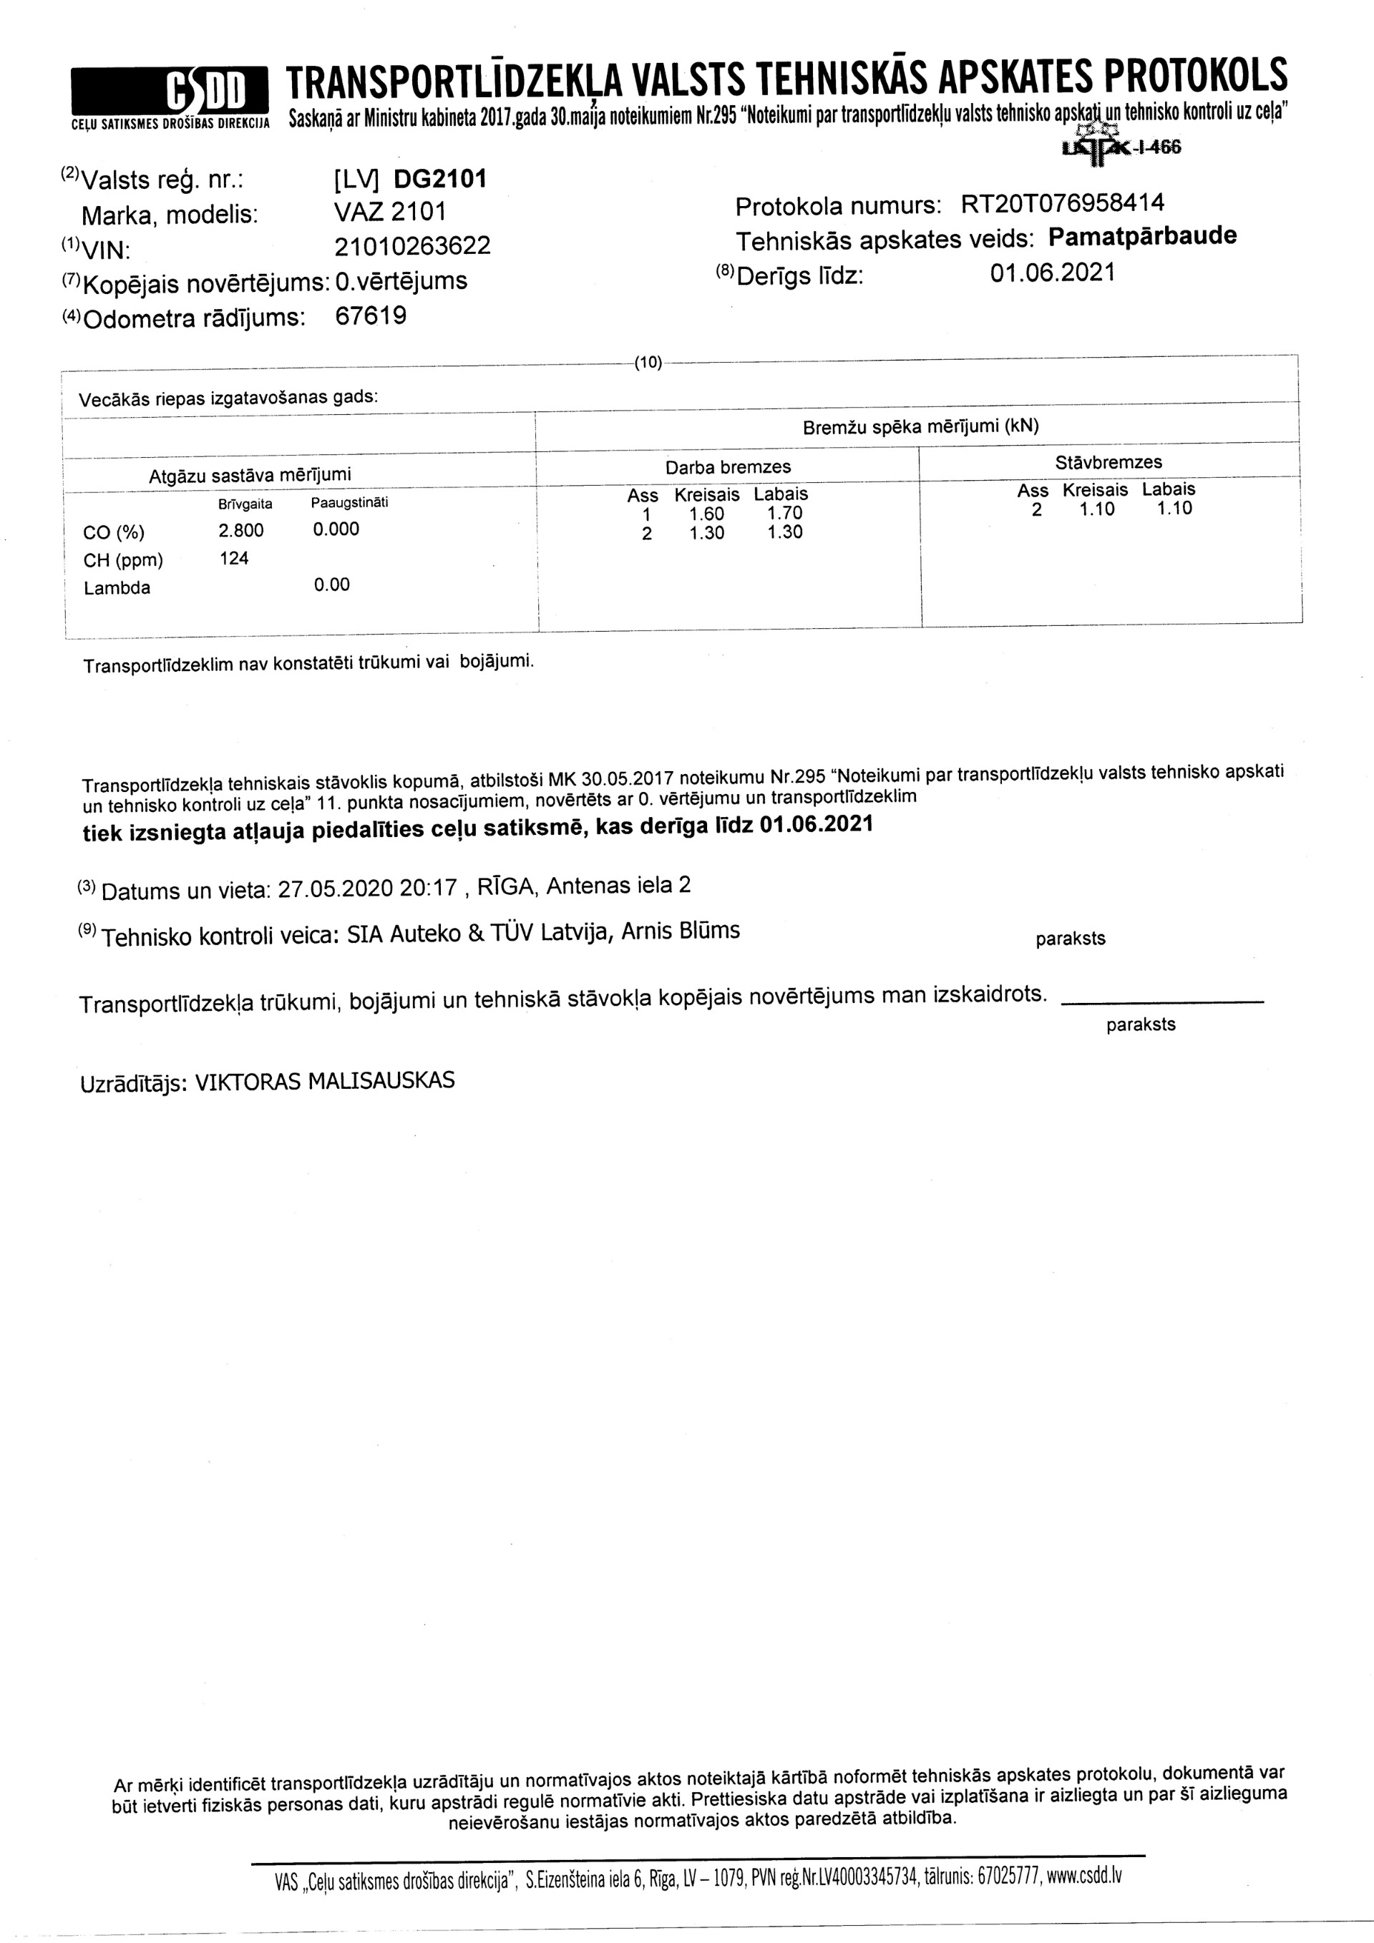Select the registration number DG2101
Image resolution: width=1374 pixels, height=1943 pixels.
point(440,180)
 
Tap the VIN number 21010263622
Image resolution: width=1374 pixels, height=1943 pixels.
point(412,245)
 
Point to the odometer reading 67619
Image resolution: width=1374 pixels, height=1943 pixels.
point(371,315)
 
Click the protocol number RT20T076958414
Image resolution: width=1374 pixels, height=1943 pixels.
point(1063,204)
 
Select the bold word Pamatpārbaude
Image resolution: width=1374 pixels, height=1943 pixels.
point(1142,236)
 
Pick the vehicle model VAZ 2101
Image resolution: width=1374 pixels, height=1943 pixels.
point(390,212)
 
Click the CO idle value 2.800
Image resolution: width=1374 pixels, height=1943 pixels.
point(241,531)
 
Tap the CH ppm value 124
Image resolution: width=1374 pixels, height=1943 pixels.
point(234,559)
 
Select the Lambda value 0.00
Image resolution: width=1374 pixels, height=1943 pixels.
point(331,584)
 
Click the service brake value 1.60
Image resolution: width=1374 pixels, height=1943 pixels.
point(706,514)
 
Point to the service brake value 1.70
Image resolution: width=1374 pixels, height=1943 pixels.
point(785,513)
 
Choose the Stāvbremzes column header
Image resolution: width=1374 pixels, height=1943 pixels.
point(1109,462)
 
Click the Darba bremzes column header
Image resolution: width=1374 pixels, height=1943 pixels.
point(728,467)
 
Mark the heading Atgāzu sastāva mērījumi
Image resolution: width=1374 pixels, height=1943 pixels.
point(250,476)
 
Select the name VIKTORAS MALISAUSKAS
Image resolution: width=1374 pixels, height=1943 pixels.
point(325,1082)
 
